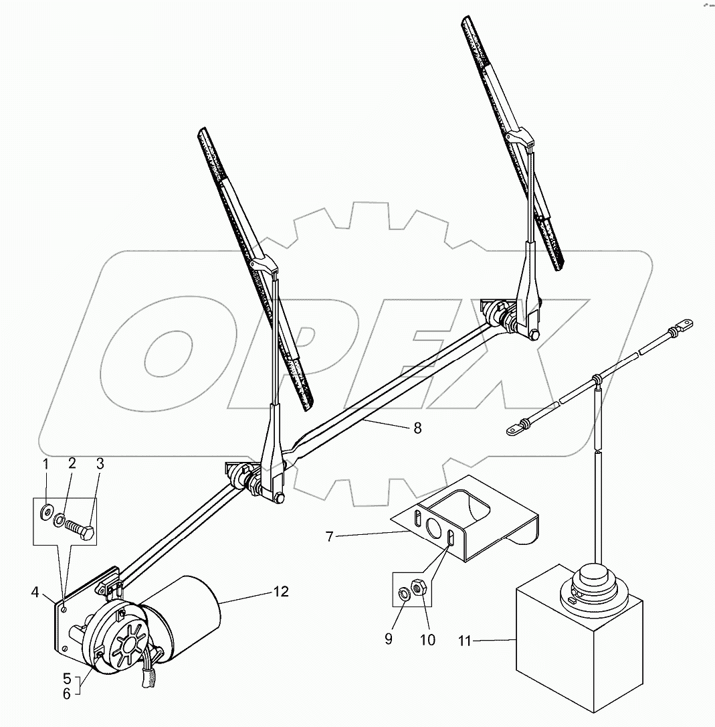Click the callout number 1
click(x=45, y=464)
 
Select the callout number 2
click(x=72, y=464)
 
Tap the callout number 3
click(x=99, y=464)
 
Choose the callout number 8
click(x=417, y=428)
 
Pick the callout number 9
click(x=389, y=639)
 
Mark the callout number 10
click(x=427, y=639)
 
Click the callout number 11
click(x=484, y=641)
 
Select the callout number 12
click(x=281, y=592)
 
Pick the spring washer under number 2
click(x=61, y=518)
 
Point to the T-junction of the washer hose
click(x=595, y=381)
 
